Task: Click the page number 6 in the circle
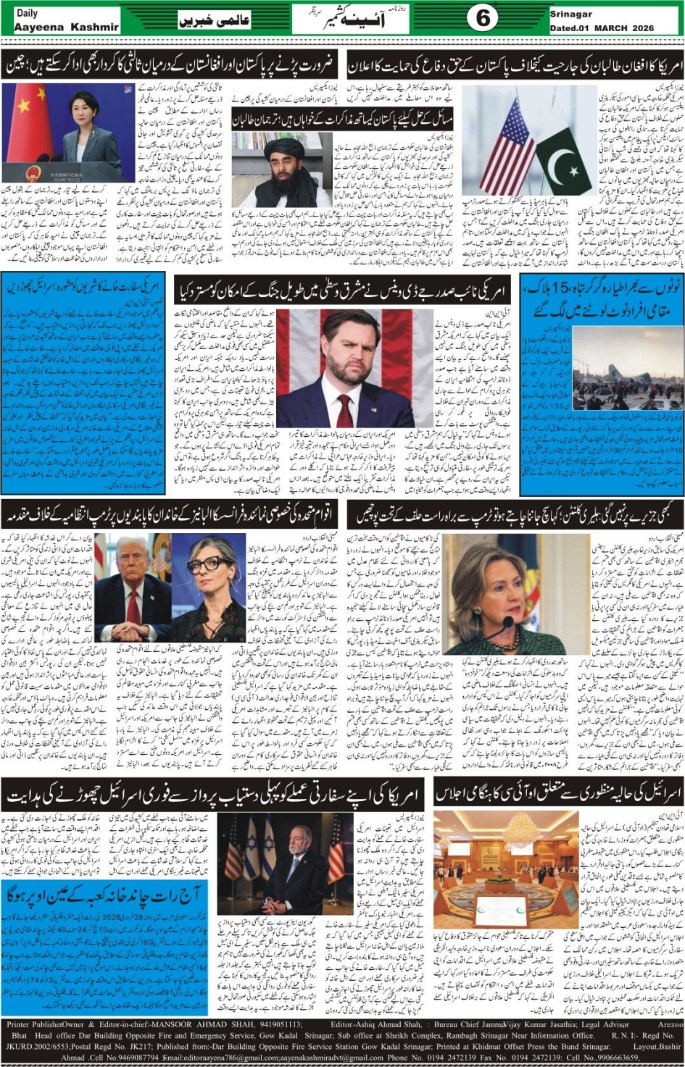(483, 18)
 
